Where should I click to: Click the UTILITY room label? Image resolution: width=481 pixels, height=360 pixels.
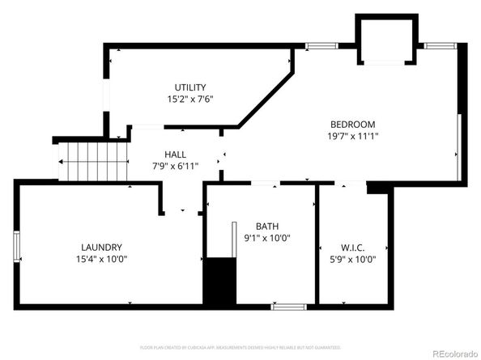coord(190,87)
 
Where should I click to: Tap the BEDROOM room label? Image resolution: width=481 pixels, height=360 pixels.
coord(352,124)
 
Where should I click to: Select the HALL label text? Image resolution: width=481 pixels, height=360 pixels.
coord(175,155)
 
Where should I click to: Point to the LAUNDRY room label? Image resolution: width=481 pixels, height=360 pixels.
coord(101,247)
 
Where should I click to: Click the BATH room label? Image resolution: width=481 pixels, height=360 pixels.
coord(267,227)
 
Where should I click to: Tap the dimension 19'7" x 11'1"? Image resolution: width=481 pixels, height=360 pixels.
coord(352,136)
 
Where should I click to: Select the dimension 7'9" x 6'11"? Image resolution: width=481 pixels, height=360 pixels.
coord(175,166)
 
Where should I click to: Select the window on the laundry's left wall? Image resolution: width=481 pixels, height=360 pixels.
coord(15,246)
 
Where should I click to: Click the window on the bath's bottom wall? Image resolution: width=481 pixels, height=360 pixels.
coord(288,307)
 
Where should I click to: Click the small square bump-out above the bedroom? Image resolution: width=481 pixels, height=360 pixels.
coord(386,40)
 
